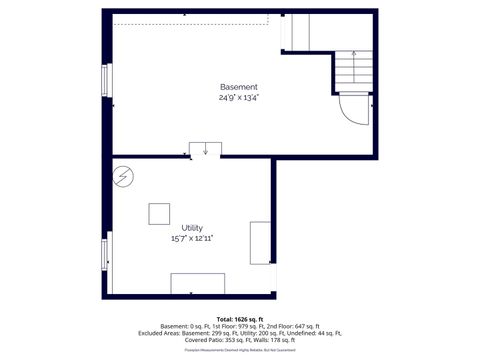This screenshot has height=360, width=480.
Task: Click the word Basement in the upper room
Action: (239, 87)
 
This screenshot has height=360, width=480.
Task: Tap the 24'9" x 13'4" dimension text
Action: (239, 98)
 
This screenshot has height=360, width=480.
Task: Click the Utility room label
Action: (192, 228)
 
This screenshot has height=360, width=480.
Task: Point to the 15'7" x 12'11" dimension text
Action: (192, 239)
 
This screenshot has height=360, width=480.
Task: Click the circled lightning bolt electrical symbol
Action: (123, 176)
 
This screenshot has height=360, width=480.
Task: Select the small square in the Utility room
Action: (159, 214)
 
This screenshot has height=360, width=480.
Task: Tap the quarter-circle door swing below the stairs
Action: (353, 107)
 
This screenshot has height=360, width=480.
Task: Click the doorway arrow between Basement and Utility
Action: (205, 150)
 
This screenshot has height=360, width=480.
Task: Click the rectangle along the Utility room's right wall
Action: (260, 242)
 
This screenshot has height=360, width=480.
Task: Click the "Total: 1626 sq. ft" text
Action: (239, 319)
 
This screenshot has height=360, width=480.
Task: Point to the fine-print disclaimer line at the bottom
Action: (239, 349)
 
